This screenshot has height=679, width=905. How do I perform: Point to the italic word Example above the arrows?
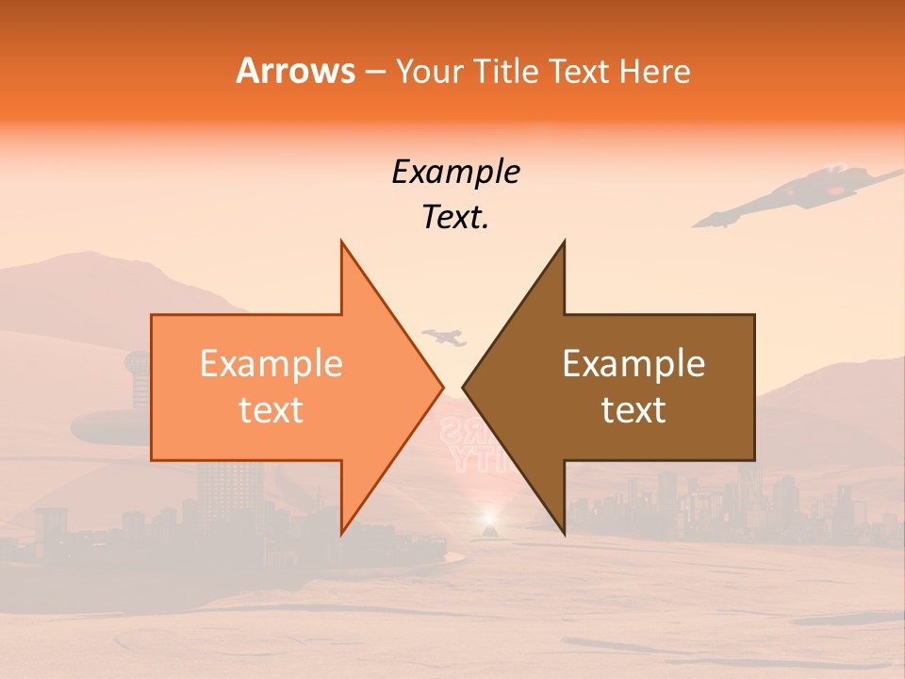[x=455, y=172]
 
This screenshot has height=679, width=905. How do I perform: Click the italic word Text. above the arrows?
[x=455, y=218]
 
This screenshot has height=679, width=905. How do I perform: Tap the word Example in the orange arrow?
[x=271, y=363]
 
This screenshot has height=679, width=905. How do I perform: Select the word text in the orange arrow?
[x=271, y=410]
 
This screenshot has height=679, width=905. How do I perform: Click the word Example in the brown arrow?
[x=633, y=363]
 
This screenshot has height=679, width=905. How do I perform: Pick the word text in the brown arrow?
[x=633, y=410]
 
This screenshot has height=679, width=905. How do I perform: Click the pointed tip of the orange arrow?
[x=442, y=387]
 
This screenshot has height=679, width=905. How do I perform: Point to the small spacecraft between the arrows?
[x=445, y=336]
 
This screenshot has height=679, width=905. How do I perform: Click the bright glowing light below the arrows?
[x=488, y=519]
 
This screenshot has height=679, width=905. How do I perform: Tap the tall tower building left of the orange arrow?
[x=137, y=377]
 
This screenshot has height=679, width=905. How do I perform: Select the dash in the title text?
[x=374, y=72]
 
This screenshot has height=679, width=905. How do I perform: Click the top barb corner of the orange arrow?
[x=341, y=242]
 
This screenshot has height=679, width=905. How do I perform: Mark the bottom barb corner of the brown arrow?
[x=564, y=534]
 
